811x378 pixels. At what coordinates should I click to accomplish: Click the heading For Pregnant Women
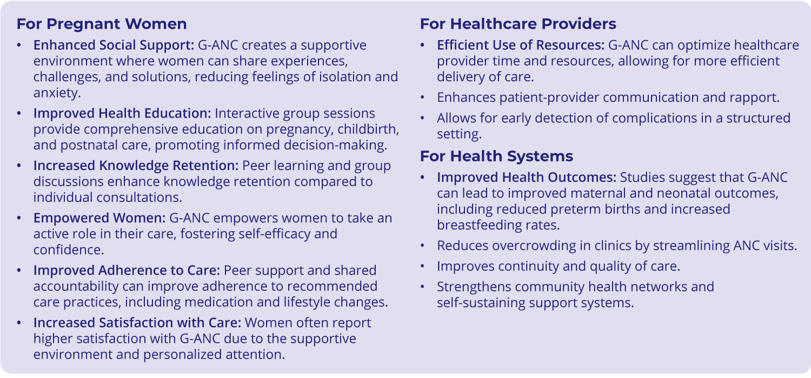[102, 24]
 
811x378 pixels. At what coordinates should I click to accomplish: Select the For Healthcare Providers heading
[518, 24]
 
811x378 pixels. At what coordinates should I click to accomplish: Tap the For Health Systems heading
[497, 157]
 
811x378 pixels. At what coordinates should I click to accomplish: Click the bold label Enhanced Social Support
[114, 45]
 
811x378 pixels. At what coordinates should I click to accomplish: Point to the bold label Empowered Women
[99, 218]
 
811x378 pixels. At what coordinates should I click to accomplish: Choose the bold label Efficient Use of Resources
[521, 45]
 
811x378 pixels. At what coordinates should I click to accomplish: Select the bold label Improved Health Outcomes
[527, 177]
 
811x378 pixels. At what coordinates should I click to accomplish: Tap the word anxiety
[57, 93]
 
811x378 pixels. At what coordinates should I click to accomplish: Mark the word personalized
[183, 354]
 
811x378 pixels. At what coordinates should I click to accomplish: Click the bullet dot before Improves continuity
[422, 266]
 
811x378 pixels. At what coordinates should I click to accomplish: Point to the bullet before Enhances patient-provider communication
[422, 97]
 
